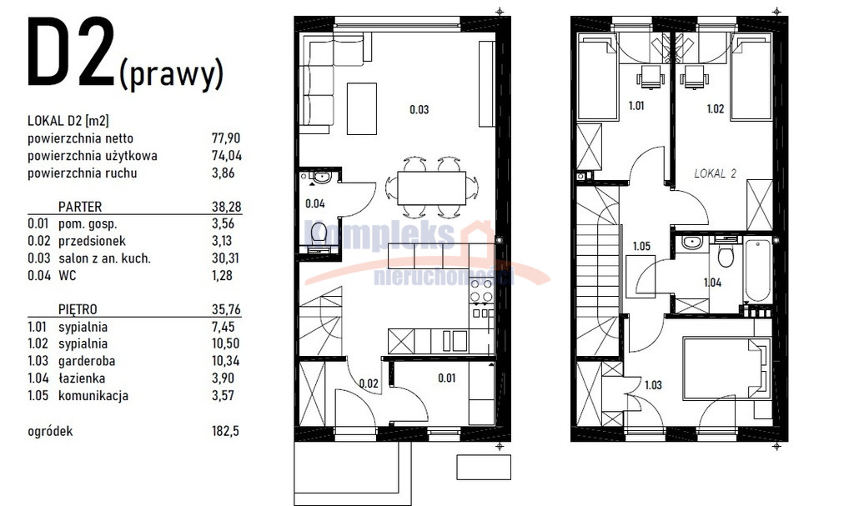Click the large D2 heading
[71, 53]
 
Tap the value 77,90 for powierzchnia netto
[226, 138]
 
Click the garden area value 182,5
[225, 431]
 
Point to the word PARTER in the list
[80, 207]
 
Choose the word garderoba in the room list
[87, 361]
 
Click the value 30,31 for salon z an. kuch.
[226, 258]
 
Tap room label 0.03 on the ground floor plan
[419, 109]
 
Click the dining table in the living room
[431, 188]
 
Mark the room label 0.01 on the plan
[447, 378]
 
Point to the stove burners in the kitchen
[481, 291]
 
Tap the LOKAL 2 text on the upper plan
[715, 173]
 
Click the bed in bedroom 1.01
[597, 78]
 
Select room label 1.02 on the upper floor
[715, 109]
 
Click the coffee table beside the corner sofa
[362, 108]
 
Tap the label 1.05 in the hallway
[641, 246]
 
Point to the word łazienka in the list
[82, 378]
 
